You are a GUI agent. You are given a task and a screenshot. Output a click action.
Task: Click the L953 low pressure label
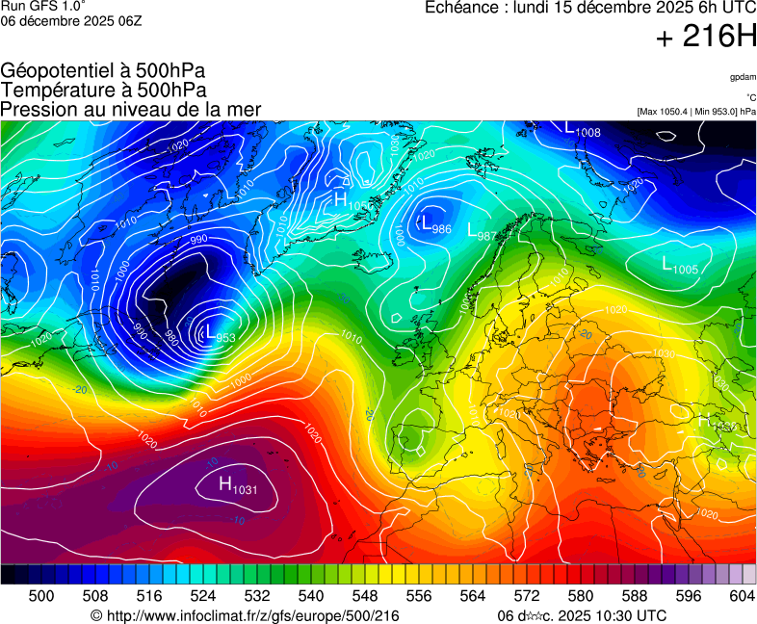(x=220, y=334)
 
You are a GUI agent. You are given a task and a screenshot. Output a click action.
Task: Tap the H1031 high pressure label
(x=238, y=486)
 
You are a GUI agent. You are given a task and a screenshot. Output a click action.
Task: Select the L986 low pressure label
(x=434, y=225)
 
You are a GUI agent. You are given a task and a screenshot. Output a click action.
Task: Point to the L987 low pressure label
(x=481, y=232)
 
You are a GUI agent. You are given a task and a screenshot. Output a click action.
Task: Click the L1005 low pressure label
(x=680, y=265)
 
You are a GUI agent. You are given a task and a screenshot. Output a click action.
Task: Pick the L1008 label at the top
(x=583, y=129)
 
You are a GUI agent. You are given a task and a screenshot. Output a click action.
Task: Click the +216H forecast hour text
(x=706, y=37)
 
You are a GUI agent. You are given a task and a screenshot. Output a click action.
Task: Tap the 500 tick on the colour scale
(x=41, y=596)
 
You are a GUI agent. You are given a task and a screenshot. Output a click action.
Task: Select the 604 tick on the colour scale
(x=741, y=596)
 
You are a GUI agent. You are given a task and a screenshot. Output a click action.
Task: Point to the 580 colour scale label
(x=581, y=596)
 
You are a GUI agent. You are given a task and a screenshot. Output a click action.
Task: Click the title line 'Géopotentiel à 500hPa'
(x=103, y=71)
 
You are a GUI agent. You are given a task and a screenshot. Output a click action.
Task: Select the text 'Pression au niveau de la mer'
(x=131, y=109)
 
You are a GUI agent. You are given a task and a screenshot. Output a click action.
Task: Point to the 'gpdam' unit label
(x=743, y=76)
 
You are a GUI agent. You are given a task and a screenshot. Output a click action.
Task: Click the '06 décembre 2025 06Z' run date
(x=71, y=20)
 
